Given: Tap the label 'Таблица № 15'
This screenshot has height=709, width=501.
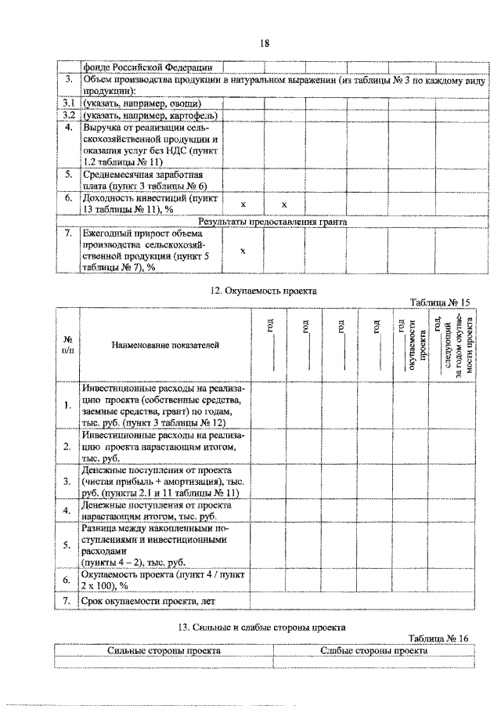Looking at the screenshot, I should pyautogui.click(x=439, y=302).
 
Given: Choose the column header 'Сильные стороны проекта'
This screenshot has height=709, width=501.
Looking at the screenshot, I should pyautogui.click(x=164, y=650).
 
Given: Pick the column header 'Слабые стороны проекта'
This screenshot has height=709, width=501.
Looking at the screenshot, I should pyautogui.click(x=374, y=650).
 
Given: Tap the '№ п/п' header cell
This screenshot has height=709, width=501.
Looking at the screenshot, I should pyautogui.click(x=67, y=345).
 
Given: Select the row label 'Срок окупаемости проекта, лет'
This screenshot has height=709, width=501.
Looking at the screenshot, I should pyautogui.click(x=148, y=601).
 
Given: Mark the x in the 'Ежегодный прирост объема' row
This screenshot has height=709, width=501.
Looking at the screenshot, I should pyautogui.click(x=243, y=251).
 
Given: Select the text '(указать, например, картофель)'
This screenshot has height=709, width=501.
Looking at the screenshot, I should pyautogui.click(x=150, y=115).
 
